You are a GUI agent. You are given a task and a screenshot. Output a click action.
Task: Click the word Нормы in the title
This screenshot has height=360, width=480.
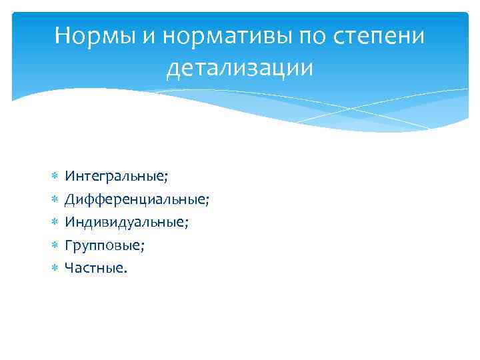pyautogui.click(x=94, y=35)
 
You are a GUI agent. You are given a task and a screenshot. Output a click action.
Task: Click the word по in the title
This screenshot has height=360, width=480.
pyautogui.click(x=312, y=35)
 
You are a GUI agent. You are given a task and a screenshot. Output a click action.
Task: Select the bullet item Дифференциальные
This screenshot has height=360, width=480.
pyautogui.click(x=137, y=199)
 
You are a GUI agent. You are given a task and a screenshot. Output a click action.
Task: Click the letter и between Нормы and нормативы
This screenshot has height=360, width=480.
pyautogui.click(x=145, y=37)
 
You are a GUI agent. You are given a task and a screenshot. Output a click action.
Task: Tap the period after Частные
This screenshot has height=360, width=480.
pyautogui.click(x=124, y=271)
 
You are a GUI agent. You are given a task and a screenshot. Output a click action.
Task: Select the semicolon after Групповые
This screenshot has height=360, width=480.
pyautogui.click(x=143, y=247)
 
